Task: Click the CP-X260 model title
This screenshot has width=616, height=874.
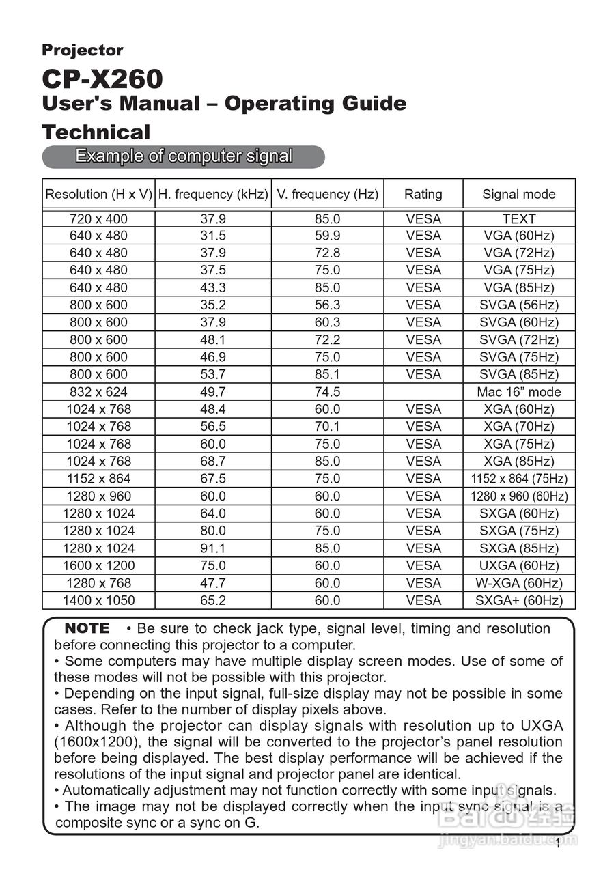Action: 102,79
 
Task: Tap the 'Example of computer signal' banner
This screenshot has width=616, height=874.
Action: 183,156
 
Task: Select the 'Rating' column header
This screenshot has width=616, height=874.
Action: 423,194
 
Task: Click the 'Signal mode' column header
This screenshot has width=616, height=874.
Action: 519,194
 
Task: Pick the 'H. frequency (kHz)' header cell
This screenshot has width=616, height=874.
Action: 213,194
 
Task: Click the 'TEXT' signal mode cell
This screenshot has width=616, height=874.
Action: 519,219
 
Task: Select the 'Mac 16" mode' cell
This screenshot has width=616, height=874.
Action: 519,392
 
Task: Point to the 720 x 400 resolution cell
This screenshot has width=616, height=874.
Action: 98,219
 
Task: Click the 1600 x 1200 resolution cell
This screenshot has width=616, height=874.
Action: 98,565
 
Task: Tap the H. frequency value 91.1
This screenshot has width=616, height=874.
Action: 213,548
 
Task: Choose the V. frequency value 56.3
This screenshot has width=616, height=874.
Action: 327,305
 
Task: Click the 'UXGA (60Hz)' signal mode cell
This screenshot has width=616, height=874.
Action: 519,565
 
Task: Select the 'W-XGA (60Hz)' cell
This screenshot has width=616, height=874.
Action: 519,583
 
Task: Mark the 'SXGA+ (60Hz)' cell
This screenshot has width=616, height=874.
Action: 519,601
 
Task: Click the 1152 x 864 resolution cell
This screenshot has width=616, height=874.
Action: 98,479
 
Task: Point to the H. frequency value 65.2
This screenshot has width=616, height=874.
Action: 213,601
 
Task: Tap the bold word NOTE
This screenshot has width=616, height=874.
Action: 87,628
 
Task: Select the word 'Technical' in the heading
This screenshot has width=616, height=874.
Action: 96,132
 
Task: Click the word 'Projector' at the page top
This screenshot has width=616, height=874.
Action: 83,50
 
